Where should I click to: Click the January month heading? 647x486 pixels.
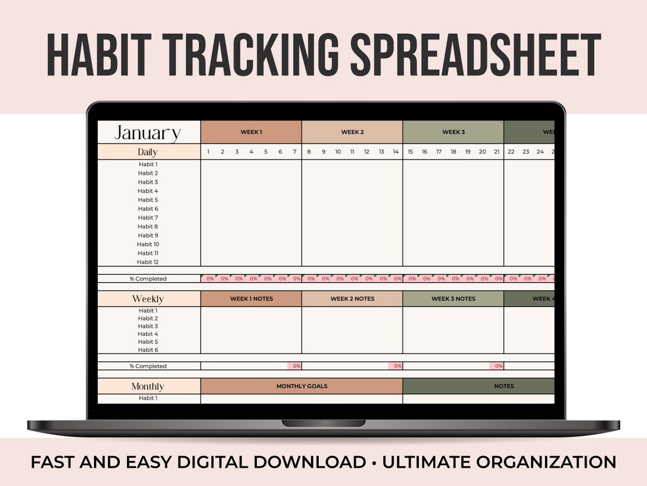click(147, 133)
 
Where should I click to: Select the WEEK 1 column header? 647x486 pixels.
click(251, 132)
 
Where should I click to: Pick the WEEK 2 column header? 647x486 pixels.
click(352, 132)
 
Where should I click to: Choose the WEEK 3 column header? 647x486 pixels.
click(453, 132)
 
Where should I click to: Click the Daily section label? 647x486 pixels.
click(147, 152)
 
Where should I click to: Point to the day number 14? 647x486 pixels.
click(396, 152)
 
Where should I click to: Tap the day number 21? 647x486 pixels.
click(497, 152)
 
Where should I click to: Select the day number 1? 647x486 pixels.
click(208, 152)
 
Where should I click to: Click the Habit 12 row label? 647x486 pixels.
click(147, 262)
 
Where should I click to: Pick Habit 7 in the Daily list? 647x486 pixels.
click(147, 218)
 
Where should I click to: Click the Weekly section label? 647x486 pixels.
click(147, 299)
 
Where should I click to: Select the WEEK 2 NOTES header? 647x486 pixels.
click(352, 299)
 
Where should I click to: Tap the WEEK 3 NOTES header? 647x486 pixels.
click(453, 299)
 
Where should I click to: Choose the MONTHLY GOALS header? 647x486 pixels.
click(301, 386)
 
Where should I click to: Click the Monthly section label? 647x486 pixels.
click(147, 386)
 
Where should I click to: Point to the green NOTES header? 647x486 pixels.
click(504, 386)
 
